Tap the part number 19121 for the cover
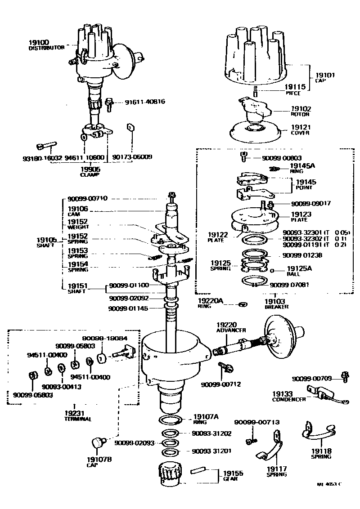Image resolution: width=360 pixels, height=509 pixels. point(300,128)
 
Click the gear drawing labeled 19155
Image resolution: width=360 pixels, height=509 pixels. point(170,473)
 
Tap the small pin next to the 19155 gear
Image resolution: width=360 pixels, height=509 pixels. point(199,471)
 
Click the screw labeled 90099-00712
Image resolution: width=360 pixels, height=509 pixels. point(225,367)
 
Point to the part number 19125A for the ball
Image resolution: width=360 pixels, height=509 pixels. point(299,268)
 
